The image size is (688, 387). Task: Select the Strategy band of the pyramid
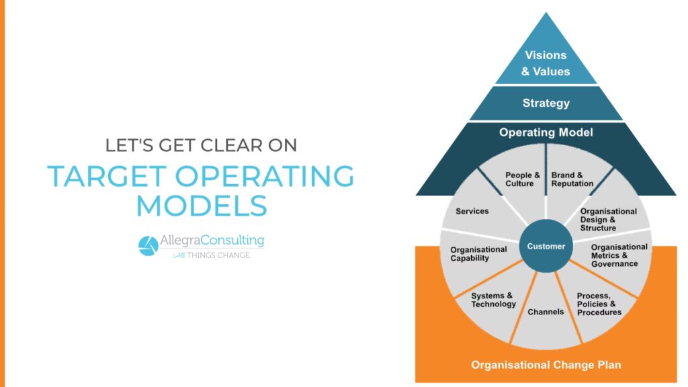click(x=546, y=103)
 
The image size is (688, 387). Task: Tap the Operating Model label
click(x=546, y=132)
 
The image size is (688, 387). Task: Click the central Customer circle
click(x=546, y=246)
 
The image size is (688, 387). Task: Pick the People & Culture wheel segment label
click(x=522, y=179)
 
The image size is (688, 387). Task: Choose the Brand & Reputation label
click(x=572, y=179)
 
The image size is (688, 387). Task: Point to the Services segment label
click(x=472, y=211)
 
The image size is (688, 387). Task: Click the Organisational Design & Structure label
click(x=608, y=220)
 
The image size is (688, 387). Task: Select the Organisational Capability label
click(x=478, y=253)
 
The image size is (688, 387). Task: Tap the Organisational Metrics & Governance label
click(x=619, y=255)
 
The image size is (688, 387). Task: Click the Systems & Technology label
click(x=493, y=300)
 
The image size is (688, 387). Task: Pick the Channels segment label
click(x=546, y=312)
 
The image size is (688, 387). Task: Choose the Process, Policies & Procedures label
click(x=599, y=304)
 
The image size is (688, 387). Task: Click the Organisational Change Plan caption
click(x=546, y=365)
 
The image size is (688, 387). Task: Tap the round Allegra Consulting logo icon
click(x=148, y=246)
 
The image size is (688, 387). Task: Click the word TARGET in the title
click(x=107, y=177)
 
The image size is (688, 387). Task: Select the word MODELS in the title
click(x=202, y=206)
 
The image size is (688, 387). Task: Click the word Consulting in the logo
click(x=232, y=241)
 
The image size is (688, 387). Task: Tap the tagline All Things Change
click(x=212, y=255)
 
